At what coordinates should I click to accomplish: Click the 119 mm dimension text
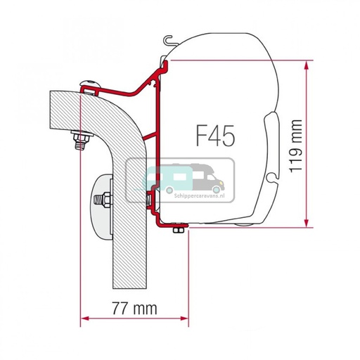pyautogui.click(x=335, y=143)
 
